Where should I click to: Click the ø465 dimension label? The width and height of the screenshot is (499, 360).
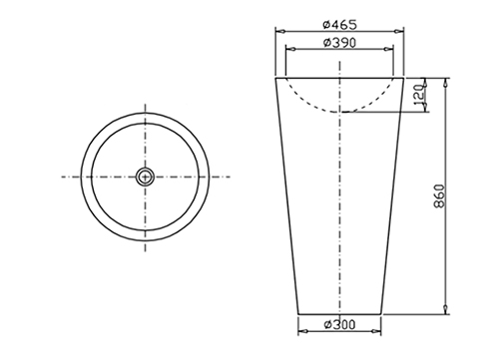coord(339,24)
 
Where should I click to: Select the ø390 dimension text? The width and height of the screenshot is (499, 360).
coord(339,43)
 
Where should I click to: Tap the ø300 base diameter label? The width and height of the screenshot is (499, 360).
coord(339,324)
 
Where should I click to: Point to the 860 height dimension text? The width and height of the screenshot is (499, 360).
coord(439,196)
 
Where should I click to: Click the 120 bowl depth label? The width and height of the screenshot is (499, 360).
coord(419,94)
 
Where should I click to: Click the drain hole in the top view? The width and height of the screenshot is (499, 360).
coord(145,177)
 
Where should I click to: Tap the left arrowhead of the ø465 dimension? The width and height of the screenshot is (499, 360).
coord(280,32)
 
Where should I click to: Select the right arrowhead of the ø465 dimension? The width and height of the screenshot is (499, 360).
coord(399,32)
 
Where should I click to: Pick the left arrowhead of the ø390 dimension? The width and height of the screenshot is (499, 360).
coord(290,50)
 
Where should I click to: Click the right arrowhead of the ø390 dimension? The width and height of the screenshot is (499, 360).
coord(389,50)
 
